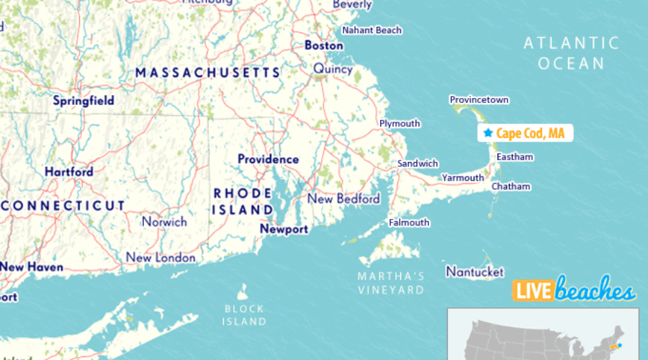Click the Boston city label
324,45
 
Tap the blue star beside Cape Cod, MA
488,133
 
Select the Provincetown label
479,99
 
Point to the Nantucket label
474,271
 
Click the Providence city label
268,159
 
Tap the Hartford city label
69,172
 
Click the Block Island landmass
243,292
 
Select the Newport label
284,229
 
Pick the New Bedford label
343,199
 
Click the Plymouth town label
400,124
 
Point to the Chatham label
510,186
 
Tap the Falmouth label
409,222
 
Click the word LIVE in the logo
531,291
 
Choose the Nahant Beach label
372,30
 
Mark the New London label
161,258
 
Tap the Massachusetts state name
207,73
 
